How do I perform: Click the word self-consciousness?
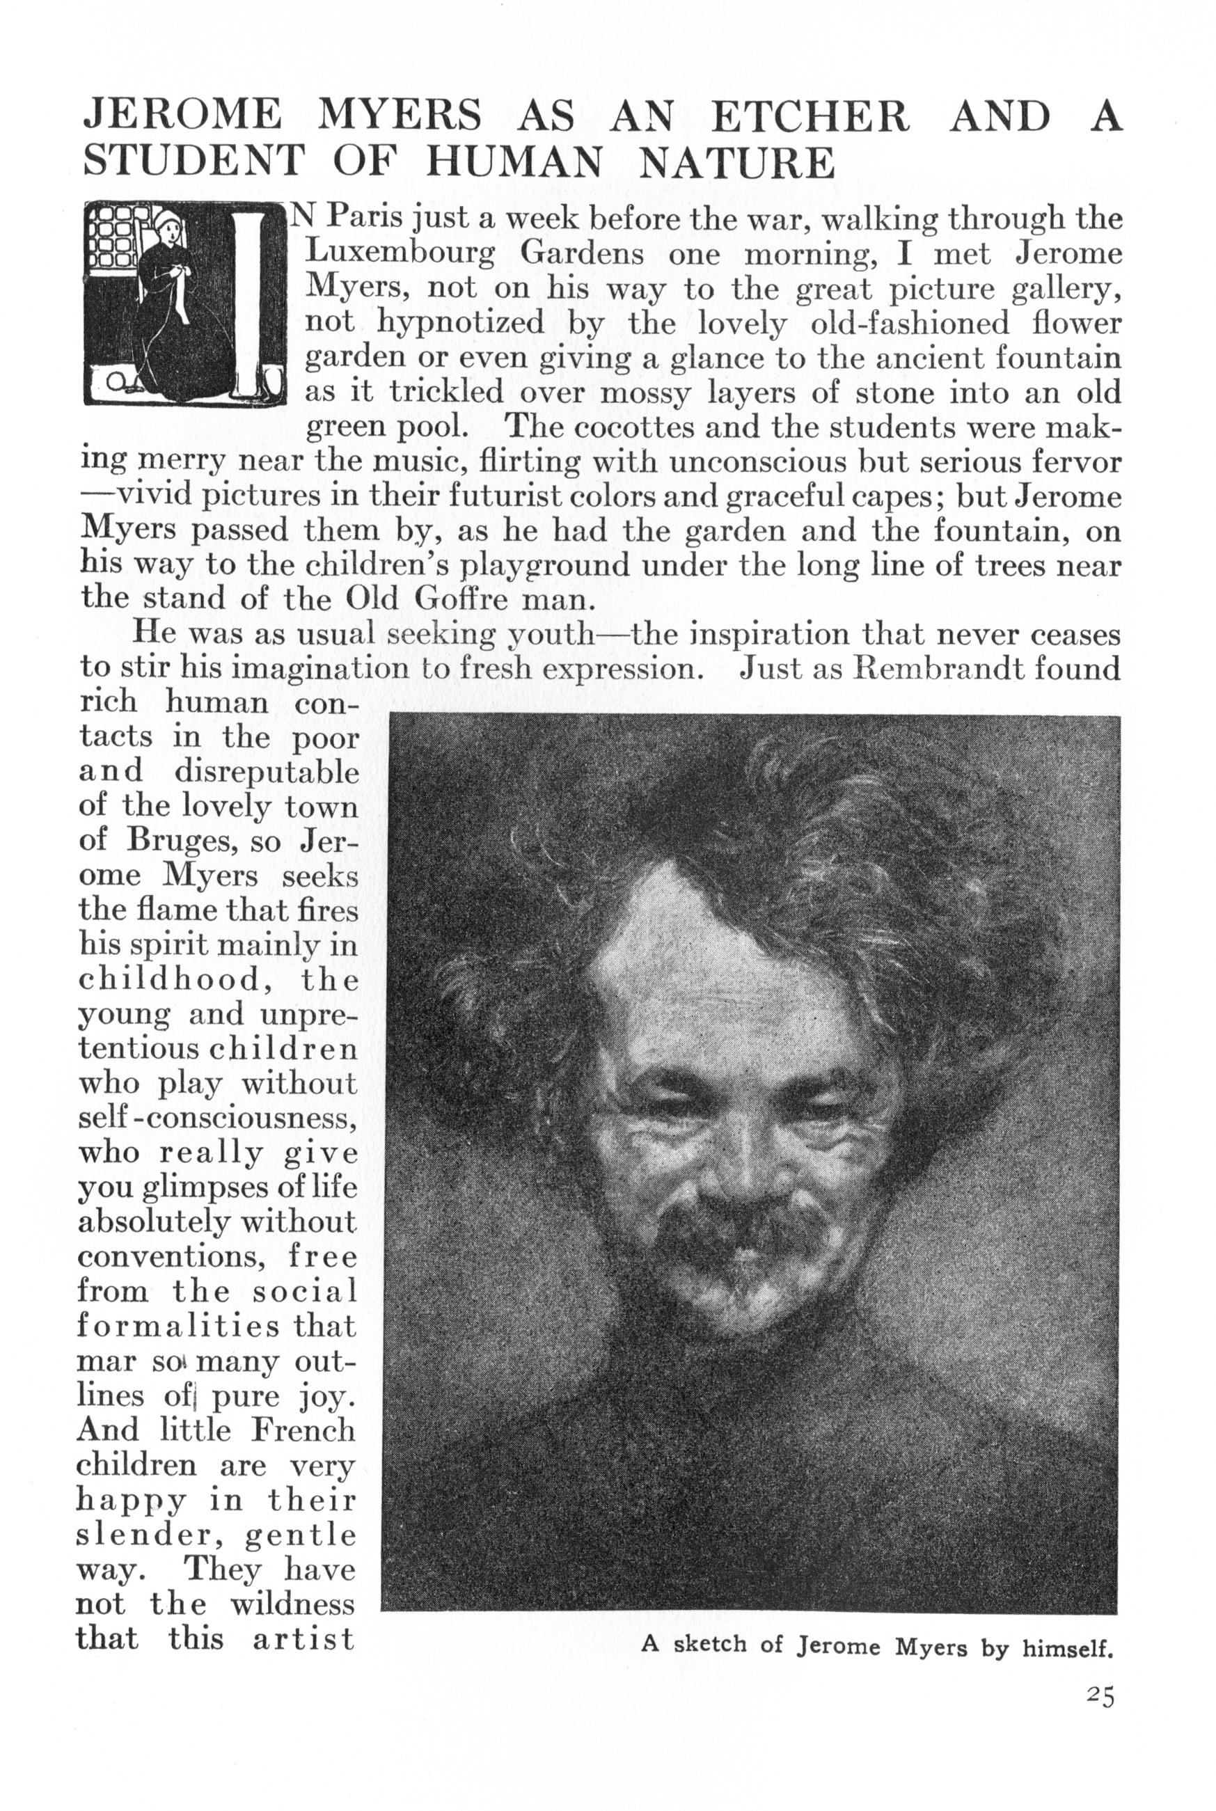pyautogui.click(x=217, y=1118)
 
